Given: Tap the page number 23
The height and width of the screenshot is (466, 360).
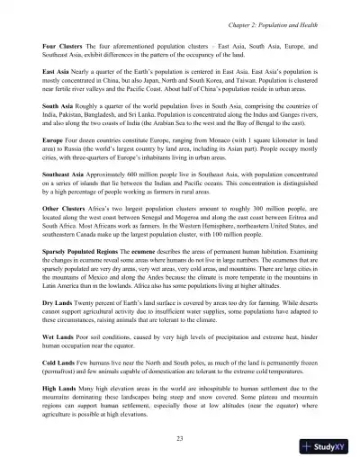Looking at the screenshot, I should (x=179, y=437).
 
